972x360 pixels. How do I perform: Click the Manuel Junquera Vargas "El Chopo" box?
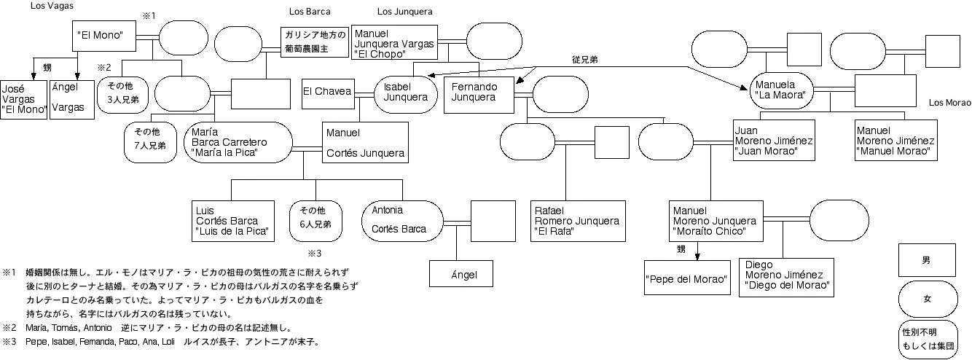394,44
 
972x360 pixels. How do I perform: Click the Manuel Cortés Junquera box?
364,144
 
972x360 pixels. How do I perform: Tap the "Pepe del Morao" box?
687,278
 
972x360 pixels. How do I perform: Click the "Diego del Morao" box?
785,276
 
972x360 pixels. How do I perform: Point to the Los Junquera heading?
404,12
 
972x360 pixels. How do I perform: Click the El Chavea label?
326,92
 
